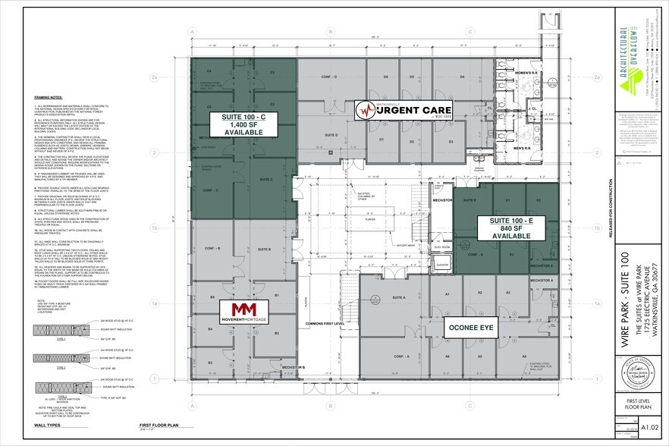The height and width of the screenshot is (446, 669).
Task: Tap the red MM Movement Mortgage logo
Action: coord(243,310)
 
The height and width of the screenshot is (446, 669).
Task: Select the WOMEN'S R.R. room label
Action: coord(526,73)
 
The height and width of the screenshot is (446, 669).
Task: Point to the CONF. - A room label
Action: coord(402,356)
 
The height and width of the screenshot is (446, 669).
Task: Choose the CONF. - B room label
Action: coord(213,248)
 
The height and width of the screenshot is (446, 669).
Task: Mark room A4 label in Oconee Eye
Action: coord(523,356)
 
